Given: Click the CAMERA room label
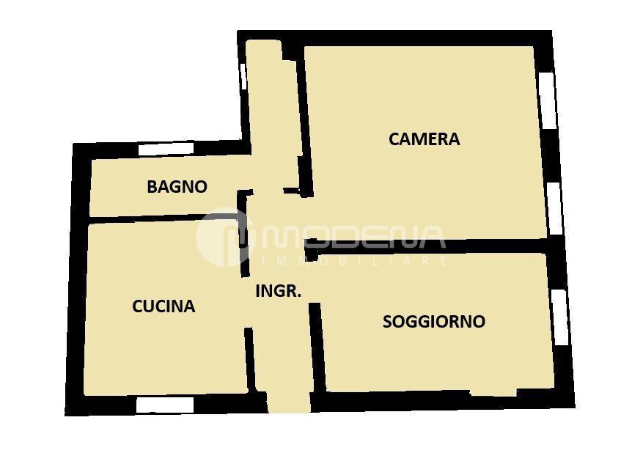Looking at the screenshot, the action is click(x=424, y=139).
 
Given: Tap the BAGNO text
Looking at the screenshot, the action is click(x=177, y=187).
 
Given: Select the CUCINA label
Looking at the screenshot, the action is click(x=163, y=306).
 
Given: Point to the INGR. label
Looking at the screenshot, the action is click(x=279, y=291).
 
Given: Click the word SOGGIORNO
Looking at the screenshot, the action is click(x=434, y=321).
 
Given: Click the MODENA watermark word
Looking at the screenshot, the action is click(x=353, y=237).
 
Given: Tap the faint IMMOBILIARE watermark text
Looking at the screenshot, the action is click(x=354, y=261).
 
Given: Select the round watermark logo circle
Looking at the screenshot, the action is click(x=226, y=237).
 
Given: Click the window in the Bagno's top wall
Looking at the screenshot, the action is click(x=166, y=148).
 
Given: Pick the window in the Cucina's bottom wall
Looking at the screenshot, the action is click(x=164, y=405).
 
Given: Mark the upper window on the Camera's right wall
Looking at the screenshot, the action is click(x=548, y=100).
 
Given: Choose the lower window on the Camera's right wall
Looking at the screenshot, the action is click(x=555, y=208).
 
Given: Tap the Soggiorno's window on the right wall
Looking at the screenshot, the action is click(x=560, y=317).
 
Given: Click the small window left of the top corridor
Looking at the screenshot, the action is click(x=243, y=76).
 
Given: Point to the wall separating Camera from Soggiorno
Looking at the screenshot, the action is click(x=427, y=246).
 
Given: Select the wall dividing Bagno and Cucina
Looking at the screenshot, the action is click(x=164, y=218).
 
